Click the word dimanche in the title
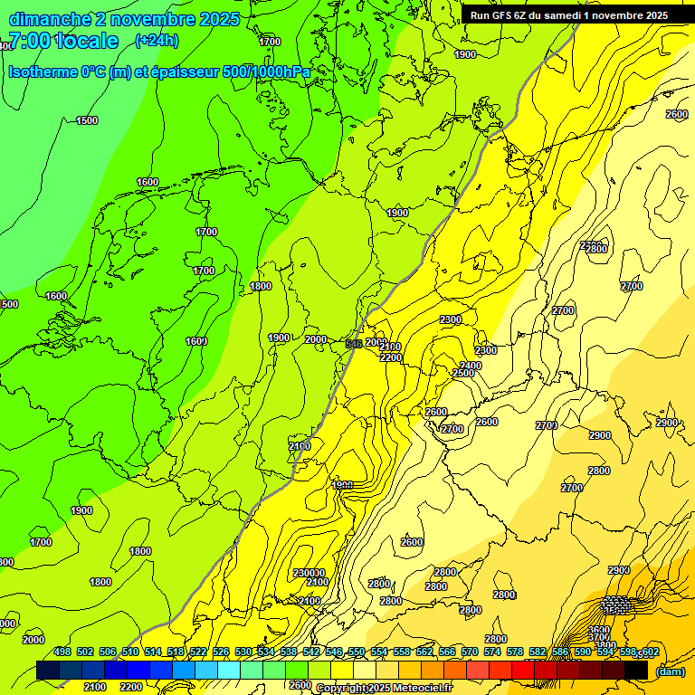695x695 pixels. click(49, 19)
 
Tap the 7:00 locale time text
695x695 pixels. click(63, 41)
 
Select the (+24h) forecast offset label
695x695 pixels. click(157, 40)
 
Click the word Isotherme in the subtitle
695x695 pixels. click(42, 72)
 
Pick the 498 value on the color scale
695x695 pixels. click(62, 652)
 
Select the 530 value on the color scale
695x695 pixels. click(243, 652)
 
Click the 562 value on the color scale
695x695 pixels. click(424, 652)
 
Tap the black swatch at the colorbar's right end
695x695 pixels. click(636, 671)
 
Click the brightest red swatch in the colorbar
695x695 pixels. click(522, 671)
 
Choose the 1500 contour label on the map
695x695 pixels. click(87, 120)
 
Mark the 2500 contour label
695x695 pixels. click(463, 373)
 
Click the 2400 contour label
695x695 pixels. click(471, 366)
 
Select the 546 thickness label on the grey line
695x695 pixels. click(354, 344)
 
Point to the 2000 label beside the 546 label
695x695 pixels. click(375, 342)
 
